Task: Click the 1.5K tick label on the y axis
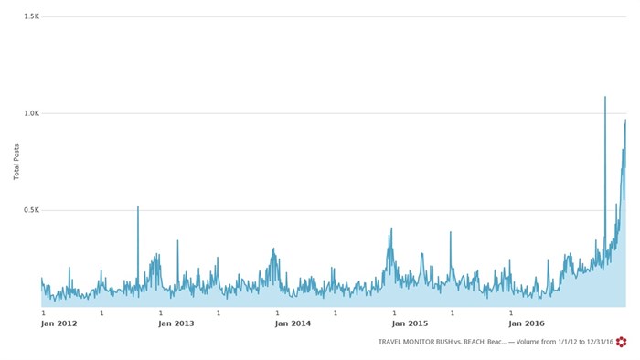point(32,16)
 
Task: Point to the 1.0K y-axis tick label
point(32,113)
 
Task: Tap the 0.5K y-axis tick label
point(32,210)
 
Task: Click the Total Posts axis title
point(17,162)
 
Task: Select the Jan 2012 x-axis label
point(59,323)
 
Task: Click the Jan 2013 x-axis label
point(176,323)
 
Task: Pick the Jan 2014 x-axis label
point(293,323)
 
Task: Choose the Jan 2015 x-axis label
point(411,323)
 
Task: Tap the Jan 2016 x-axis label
point(528,323)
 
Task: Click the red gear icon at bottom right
point(622,342)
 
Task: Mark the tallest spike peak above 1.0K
point(605,97)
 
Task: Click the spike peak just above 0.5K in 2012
point(138,206)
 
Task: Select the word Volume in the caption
point(528,342)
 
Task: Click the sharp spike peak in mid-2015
point(451,232)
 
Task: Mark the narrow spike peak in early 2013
point(177,241)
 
